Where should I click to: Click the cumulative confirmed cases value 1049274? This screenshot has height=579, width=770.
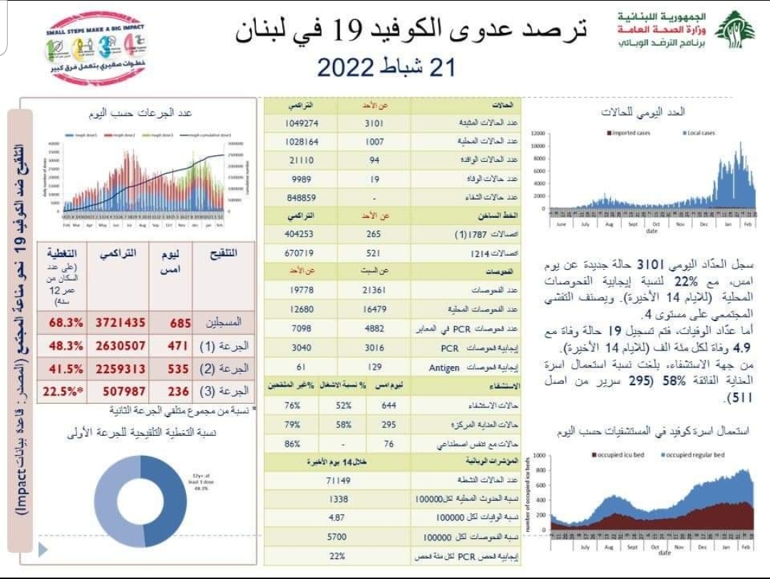pos(301,122)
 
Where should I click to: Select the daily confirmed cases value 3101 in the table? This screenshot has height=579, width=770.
pos(375,122)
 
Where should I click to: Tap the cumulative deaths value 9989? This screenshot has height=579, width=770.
pos(301,178)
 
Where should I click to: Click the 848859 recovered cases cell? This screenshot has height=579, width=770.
pos(301,197)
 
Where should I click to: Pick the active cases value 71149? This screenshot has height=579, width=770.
pos(338,481)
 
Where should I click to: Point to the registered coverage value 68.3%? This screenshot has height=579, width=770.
pos(66,323)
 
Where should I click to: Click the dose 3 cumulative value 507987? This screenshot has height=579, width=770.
pos(120,391)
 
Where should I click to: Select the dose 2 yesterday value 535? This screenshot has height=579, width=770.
pos(180,369)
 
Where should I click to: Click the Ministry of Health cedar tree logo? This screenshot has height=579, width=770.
pos(734,30)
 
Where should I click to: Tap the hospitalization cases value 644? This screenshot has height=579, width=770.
pos(388,406)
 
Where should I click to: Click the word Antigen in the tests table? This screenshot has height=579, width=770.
pos(444,367)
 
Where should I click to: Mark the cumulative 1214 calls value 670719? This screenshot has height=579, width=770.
pos(301,253)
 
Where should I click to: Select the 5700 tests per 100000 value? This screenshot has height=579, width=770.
pos(338,537)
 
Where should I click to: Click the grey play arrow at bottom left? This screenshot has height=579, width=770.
pos(43,549)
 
